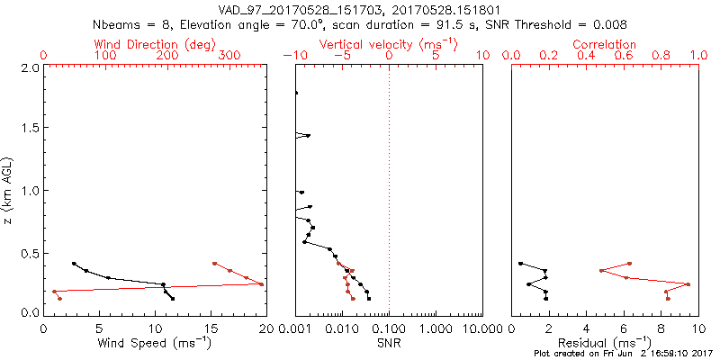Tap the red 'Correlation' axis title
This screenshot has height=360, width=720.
pos(604,44)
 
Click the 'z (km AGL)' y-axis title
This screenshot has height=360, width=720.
pos(10,190)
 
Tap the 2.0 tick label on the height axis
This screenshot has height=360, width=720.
pos(29,68)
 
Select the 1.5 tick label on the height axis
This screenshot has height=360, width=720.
pos(29,130)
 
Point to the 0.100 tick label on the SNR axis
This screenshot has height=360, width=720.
pos(389,328)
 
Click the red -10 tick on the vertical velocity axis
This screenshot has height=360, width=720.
pos(290,56)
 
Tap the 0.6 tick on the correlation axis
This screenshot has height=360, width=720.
pos(623,56)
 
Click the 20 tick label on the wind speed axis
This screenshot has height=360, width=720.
pos(265,328)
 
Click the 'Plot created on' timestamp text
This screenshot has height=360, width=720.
pos(623,354)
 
